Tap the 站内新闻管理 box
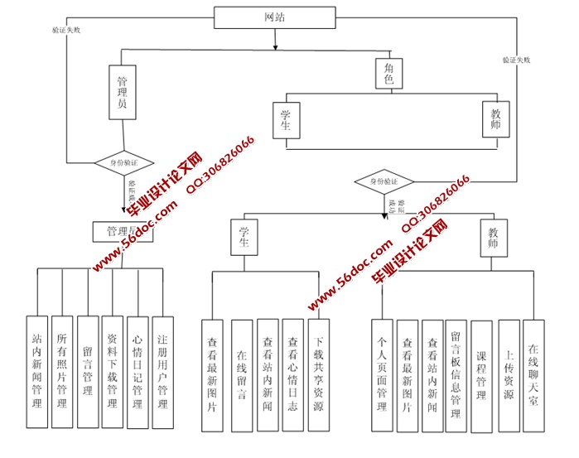click(x=36, y=372)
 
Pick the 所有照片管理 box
click(x=61, y=372)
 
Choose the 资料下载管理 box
click(x=112, y=372)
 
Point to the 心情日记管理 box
click(x=138, y=372)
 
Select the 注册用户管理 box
click(x=163, y=372)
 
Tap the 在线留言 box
click(x=241, y=375)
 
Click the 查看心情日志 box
click(x=292, y=375)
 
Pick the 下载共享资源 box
click(x=318, y=375)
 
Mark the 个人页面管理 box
click(x=382, y=375)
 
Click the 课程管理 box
click(x=481, y=375)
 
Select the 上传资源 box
click(x=509, y=375)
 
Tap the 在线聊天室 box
click(x=534, y=375)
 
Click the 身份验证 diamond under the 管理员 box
click(x=122, y=163)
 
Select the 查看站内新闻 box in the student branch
click(x=268, y=375)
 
